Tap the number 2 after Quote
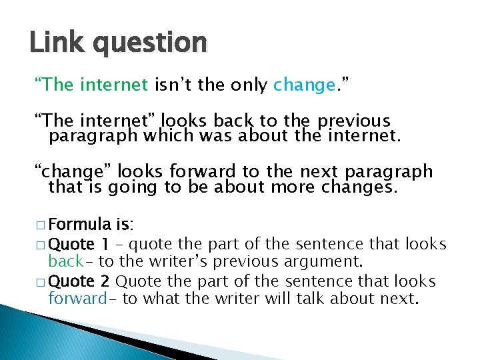105,280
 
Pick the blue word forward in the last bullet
77,298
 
